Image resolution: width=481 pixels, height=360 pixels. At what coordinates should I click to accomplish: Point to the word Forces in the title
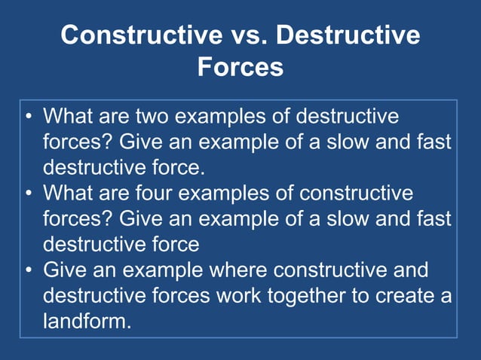[x=240, y=67]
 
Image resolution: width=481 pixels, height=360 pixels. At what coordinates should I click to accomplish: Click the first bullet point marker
[x=28, y=118]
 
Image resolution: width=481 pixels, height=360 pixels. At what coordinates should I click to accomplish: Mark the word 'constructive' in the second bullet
[x=356, y=194]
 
